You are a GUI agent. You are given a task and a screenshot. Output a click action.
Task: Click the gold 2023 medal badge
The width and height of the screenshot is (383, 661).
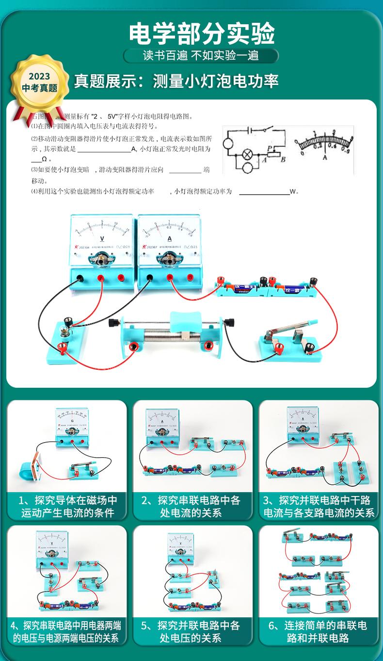click(x=39, y=83)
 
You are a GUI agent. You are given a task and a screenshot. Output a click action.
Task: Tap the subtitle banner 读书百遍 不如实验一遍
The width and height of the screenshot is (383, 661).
click(x=201, y=55)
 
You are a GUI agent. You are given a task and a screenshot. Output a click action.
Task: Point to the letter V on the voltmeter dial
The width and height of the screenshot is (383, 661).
click(x=102, y=238)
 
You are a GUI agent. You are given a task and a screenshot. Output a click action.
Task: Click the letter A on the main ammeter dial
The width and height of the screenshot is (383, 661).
click(x=170, y=238)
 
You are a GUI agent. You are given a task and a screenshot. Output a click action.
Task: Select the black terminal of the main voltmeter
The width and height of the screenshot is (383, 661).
click(x=79, y=279)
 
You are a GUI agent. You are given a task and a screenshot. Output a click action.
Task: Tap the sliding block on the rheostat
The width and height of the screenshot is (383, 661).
click(x=185, y=322)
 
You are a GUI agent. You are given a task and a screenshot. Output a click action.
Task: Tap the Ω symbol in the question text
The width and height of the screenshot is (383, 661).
click(x=44, y=159)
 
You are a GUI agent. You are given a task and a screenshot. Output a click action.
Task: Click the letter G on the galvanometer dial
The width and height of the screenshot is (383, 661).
click(x=72, y=420)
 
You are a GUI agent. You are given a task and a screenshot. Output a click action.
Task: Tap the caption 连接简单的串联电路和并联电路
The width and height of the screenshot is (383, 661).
click(x=318, y=631)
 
